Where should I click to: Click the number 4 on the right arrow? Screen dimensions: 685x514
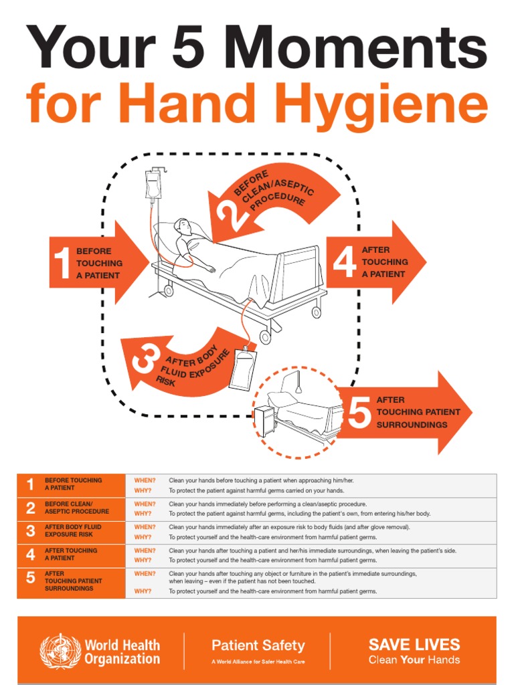tap(344, 262)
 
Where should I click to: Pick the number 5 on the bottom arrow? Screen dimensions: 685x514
tap(359, 412)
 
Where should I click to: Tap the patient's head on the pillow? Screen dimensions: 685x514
tap(183, 227)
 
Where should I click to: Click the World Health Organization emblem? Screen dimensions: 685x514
tap(60, 651)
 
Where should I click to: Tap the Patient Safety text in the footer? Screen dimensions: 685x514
tap(258, 646)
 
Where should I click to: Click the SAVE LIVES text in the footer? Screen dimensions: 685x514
tap(414, 645)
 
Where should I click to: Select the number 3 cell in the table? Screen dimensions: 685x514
tap(30, 531)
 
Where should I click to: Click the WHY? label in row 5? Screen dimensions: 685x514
tap(143, 591)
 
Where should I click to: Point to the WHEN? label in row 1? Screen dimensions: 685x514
tap(145, 480)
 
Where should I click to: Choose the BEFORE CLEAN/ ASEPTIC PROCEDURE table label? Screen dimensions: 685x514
tap(76, 508)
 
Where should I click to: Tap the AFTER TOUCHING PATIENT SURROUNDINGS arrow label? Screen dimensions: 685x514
tap(418, 412)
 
